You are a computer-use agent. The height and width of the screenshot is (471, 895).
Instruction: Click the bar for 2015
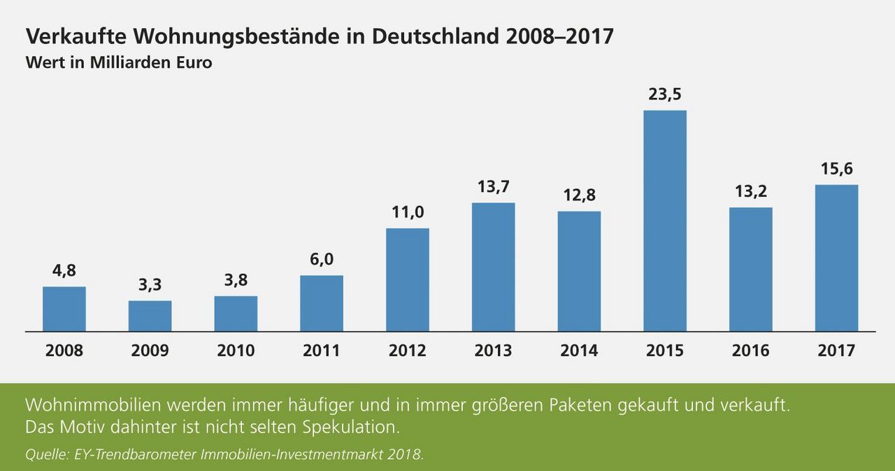pyautogui.click(x=664, y=220)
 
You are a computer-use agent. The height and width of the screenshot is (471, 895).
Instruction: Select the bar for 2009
pyautogui.click(x=150, y=316)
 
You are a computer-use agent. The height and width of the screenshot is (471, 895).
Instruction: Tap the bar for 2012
pyautogui.click(x=407, y=279)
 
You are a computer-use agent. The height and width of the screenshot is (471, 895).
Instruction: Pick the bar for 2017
pyautogui.click(x=836, y=258)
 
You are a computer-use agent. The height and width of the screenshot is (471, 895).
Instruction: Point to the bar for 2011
pyautogui.click(x=322, y=303)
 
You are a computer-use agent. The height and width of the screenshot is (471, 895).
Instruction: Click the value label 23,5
pyautogui.click(x=664, y=94)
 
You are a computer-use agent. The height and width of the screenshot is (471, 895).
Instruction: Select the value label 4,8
pyautogui.click(x=64, y=270)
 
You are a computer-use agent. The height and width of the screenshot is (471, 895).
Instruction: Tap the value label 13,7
pyautogui.click(x=493, y=187)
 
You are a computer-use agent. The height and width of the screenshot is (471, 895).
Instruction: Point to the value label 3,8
pyautogui.click(x=236, y=280)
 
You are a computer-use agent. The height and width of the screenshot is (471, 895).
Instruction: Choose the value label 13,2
pyautogui.click(x=750, y=191)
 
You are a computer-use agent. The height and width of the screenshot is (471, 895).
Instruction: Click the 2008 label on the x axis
pyautogui.click(x=64, y=351)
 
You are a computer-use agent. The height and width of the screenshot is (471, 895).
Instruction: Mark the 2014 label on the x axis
pyautogui.click(x=579, y=351)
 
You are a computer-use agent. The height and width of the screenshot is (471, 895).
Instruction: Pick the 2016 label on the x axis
pyautogui.click(x=750, y=351)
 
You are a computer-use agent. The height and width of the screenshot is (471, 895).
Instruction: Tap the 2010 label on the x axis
pyautogui.click(x=236, y=351)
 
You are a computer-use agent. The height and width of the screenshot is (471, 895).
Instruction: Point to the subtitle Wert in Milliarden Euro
pyautogui.click(x=119, y=62)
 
